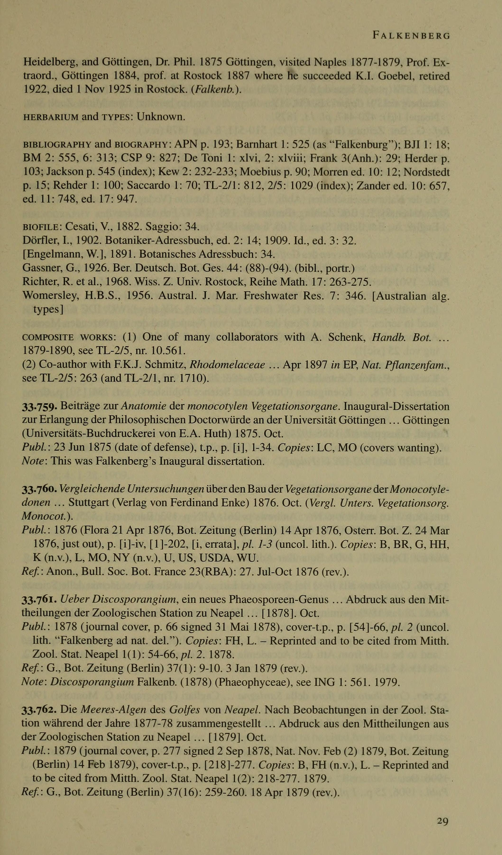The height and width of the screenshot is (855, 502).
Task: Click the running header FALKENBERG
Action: [x=411, y=35]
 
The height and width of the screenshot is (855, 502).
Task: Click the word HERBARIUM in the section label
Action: [x=50, y=117]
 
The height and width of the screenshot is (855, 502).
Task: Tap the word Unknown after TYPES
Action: [x=161, y=117]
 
